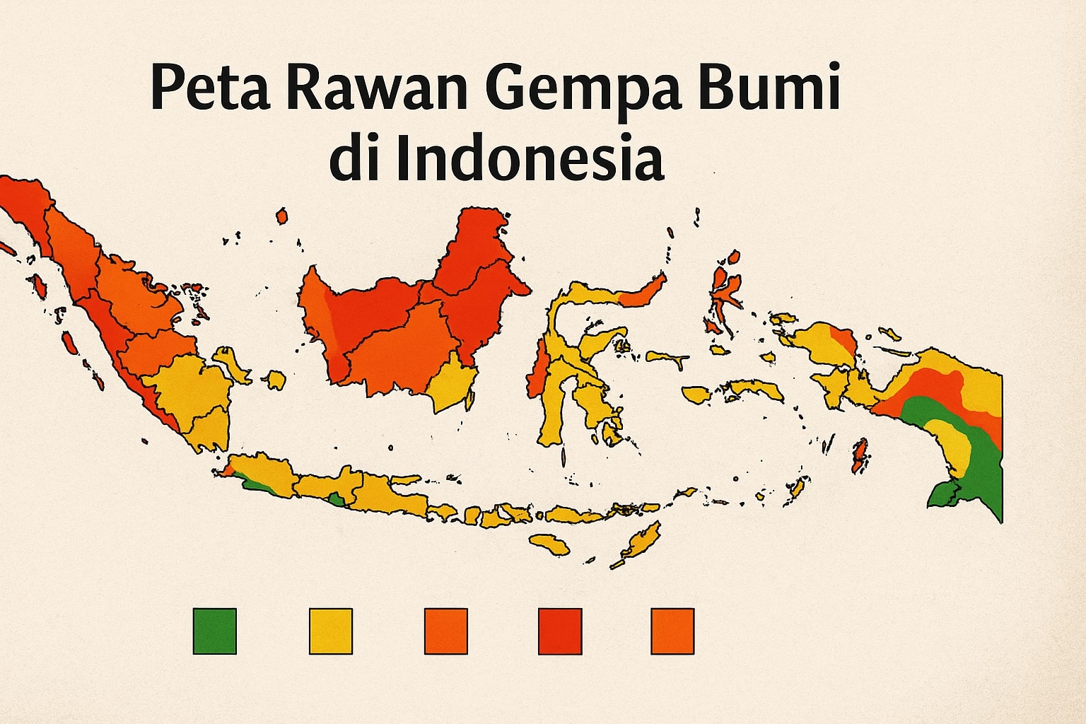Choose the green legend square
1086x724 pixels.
pos(214,631)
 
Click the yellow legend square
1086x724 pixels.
pos(330,631)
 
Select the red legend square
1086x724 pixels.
pos(560,631)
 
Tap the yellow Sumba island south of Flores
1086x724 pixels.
pos(550,544)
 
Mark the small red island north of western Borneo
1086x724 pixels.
pos(282,216)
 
